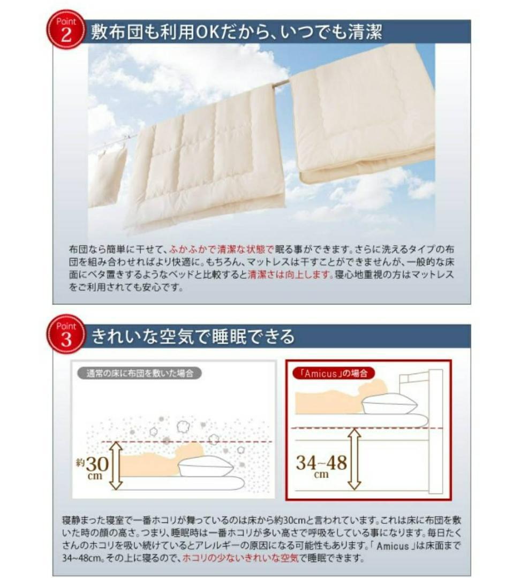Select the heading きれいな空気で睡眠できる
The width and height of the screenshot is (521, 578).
(x=193, y=337)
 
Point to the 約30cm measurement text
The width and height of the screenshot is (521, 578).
(x=94, y=464)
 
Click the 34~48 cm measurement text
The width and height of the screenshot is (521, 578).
(x=321, y=463)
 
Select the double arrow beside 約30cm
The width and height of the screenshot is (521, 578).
(x=116, y=464)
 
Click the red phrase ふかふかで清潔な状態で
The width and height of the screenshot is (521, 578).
(x=221, y=249)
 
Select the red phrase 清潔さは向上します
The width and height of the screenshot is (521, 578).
(x=287, y=275)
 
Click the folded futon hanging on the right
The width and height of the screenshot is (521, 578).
(x=362, y=112)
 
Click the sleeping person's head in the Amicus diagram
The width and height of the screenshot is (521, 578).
(x=377, y=388)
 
